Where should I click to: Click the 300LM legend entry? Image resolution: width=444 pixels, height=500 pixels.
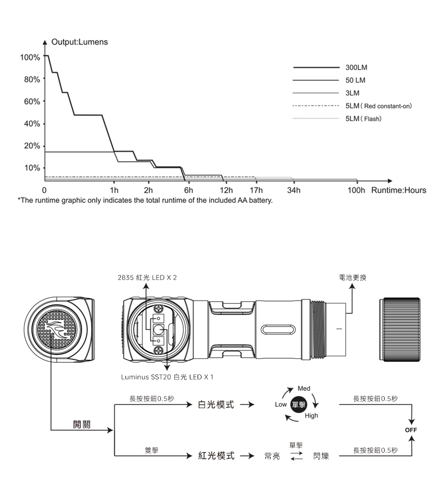[x=356, y=67]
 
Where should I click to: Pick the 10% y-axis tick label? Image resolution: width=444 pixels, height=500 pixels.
[x=31, y=168]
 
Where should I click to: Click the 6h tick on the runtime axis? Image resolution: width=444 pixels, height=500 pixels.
[x=188, y=191]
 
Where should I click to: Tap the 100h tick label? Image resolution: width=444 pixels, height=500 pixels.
[x=356, y=191]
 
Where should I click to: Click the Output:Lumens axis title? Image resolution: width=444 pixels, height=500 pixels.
[x=79, y=42]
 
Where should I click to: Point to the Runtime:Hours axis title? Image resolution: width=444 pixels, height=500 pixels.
[x=399, y=191]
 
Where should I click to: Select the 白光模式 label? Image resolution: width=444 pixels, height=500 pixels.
[x=215, y=404]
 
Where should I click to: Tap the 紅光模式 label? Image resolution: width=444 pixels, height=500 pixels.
[x=215, y=456]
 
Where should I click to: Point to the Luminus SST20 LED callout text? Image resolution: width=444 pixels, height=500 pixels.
[x=167, y=377]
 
